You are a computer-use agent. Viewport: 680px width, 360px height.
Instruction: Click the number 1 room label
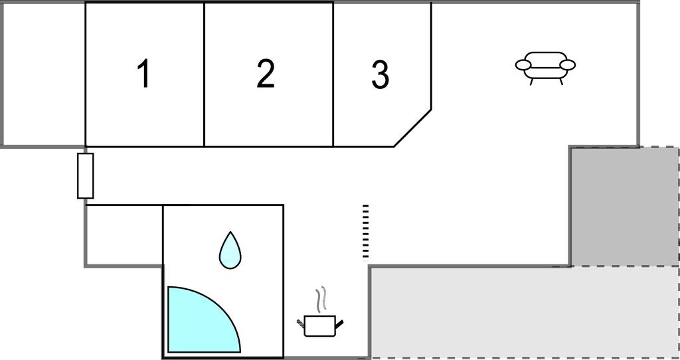coord(143,74)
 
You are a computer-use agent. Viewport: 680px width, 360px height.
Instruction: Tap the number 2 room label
coord(266,74)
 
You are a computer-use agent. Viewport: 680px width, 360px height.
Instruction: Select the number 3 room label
coord(380,75)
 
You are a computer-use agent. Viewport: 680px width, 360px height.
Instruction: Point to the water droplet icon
coord(230,250)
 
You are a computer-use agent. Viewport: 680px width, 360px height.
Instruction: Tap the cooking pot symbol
coord(320,325)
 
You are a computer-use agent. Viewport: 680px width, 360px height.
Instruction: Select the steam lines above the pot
coord(321,300)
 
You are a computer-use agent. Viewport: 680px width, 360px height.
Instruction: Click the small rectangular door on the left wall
coord(85,176)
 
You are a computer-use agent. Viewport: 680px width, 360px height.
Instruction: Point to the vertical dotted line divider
coord(365,230)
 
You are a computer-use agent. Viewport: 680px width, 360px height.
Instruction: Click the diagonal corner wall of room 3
coord(413,128)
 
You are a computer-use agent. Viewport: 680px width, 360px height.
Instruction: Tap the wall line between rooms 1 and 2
coord(204,74)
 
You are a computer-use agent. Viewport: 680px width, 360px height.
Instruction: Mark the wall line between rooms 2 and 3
coord(333,74)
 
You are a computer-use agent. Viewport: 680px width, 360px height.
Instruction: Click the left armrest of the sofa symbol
coord(524,65)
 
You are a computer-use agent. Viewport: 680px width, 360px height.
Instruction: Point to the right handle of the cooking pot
coord(340,323)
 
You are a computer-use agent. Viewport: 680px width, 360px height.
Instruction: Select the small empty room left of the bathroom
coord(124,235)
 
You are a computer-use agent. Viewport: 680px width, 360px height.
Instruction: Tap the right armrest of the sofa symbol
coord(568,65)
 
